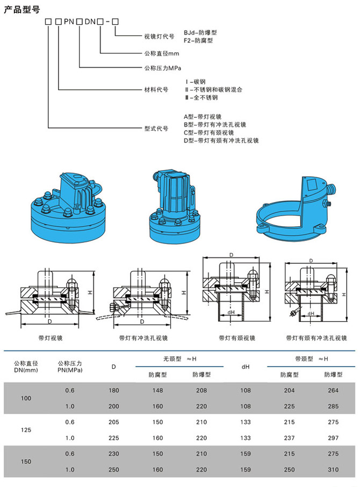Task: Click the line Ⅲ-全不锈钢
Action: [x=201, y=98]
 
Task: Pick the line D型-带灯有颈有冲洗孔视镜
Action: [x=221, y=140]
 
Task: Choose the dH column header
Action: [x=246, y=367]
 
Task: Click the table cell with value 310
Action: [x=334, y=470]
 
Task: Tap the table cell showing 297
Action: [x=334, y=438]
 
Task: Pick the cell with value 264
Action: [x=334, y=390]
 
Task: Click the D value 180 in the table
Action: [x=113, y=390]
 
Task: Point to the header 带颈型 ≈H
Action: [x=311, y=358]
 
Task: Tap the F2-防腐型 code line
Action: [x=198, y=40]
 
